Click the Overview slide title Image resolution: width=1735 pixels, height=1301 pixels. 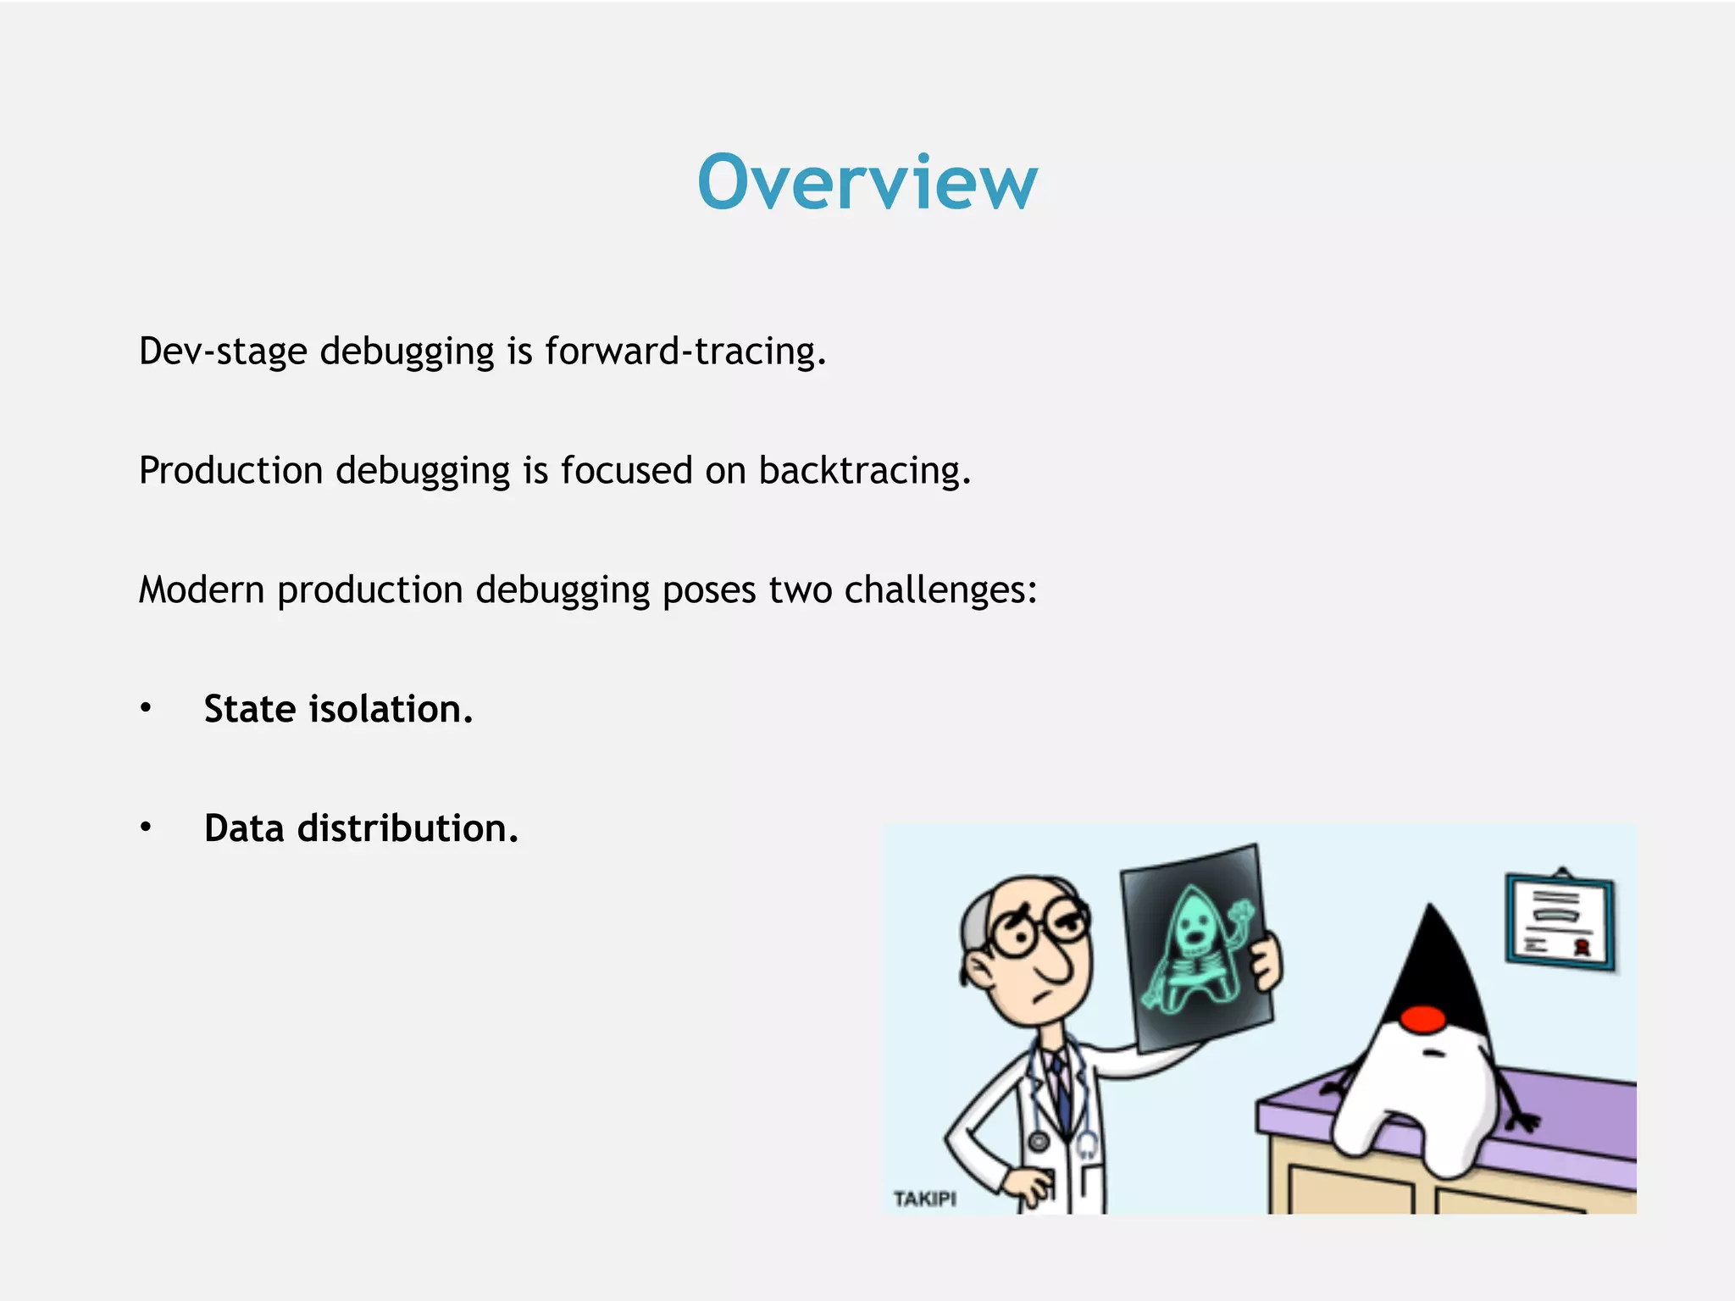[x=867, y=182]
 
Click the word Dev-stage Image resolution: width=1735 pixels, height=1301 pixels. [x=222, y=352]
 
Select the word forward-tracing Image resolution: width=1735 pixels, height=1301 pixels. [x=685, y=352]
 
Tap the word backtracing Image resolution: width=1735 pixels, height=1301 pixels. [x=864, y=471]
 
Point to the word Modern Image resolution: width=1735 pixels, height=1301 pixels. [x=202, y=590]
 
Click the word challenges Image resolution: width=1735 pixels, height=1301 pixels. [x=940, y=590]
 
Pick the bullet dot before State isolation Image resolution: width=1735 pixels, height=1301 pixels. [x=146, y=708]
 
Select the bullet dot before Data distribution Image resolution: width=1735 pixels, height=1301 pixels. [x=146, y=828]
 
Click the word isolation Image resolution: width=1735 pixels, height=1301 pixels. [x=391, y=710]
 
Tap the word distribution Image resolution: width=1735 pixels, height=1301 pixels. [x=407, y=829]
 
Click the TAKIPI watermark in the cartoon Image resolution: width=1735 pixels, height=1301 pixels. [x=924, y=1199]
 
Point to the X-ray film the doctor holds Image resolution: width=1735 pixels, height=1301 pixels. [x=1196, y=949]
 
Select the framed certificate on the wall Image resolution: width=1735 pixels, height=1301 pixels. [x=1559, y=921]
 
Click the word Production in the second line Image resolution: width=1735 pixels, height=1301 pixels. [x=230, y=471]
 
